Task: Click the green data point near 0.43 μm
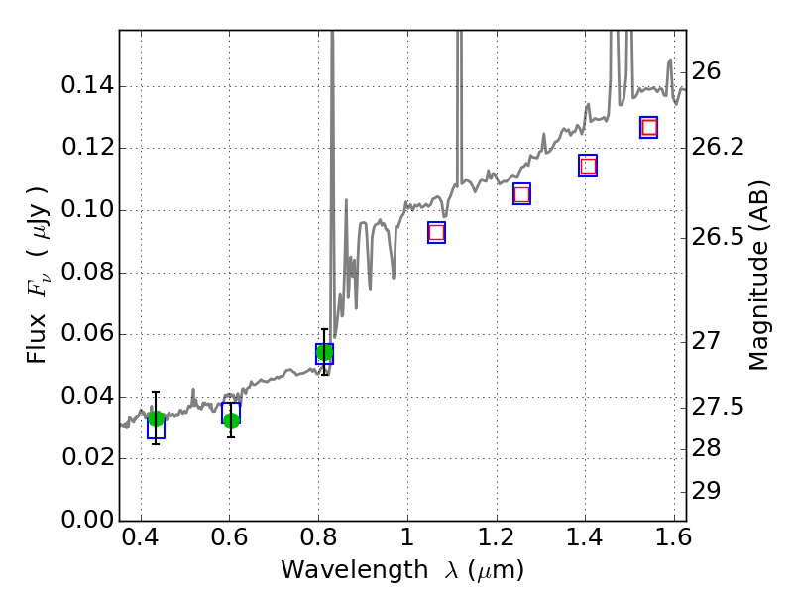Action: (x=156, y=418)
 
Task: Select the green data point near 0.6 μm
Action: (x=231, y=420)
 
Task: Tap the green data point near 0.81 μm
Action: (x=324, y=353)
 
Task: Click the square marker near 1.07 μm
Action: (x=436, y=232)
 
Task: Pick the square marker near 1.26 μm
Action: (x=521, y=194)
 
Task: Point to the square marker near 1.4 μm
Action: (x=588, y=166)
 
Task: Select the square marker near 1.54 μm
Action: (x=649, y=127)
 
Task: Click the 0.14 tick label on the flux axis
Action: (x=86, y=86)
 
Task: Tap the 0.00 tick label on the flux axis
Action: (x=86, y=520)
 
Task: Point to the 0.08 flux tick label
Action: (x=86, y=272)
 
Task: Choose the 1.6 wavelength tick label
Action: (x=673, y=541)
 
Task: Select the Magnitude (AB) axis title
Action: (x=759, y=275)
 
